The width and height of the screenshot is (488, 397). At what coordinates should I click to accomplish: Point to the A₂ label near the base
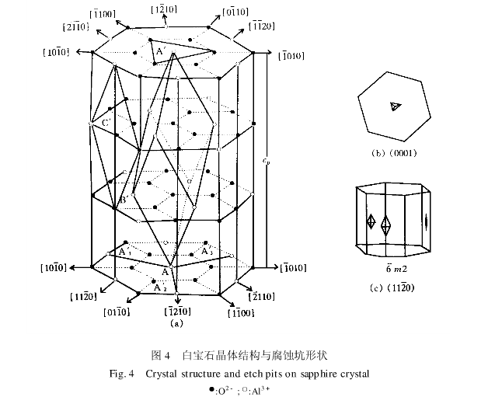coord(159,287)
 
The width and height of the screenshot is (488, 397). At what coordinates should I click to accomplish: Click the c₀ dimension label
coord(266,162)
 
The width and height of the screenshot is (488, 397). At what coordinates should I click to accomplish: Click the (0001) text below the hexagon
coord(403,152)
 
